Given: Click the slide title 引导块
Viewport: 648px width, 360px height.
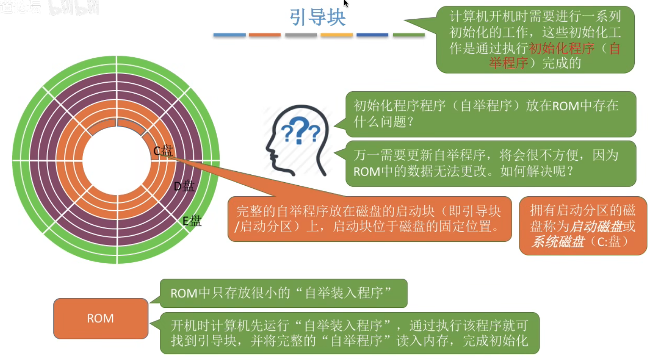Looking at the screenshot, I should (317, 18).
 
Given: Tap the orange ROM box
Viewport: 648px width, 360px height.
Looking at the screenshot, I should (101, 318).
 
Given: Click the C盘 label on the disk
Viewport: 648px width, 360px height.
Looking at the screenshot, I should (163, 151).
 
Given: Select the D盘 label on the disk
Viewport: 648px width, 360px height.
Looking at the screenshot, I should (184, 186).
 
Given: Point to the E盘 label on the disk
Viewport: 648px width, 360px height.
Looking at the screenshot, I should (192, 221).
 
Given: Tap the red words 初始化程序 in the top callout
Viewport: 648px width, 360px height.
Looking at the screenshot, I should (561, 48).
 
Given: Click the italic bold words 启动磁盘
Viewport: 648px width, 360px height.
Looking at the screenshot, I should (597, 226).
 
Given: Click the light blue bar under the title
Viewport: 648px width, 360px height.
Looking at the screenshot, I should (229, 35).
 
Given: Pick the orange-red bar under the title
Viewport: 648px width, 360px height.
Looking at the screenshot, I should (265, 35).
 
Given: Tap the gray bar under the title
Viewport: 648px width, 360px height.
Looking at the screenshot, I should (301, 35).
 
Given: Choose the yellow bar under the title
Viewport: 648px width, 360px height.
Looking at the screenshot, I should (337, 35).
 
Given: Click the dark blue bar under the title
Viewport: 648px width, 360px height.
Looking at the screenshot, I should (372, 35).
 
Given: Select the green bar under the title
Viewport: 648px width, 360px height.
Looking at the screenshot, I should (409, 35).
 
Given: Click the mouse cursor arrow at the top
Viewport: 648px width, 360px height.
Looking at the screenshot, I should (345, 4).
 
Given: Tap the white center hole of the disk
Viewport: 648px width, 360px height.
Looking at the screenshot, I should (116, 161).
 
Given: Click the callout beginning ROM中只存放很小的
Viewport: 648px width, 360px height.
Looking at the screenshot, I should (283, 293).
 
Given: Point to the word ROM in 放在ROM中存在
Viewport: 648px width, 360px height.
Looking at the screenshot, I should (565, 106).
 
